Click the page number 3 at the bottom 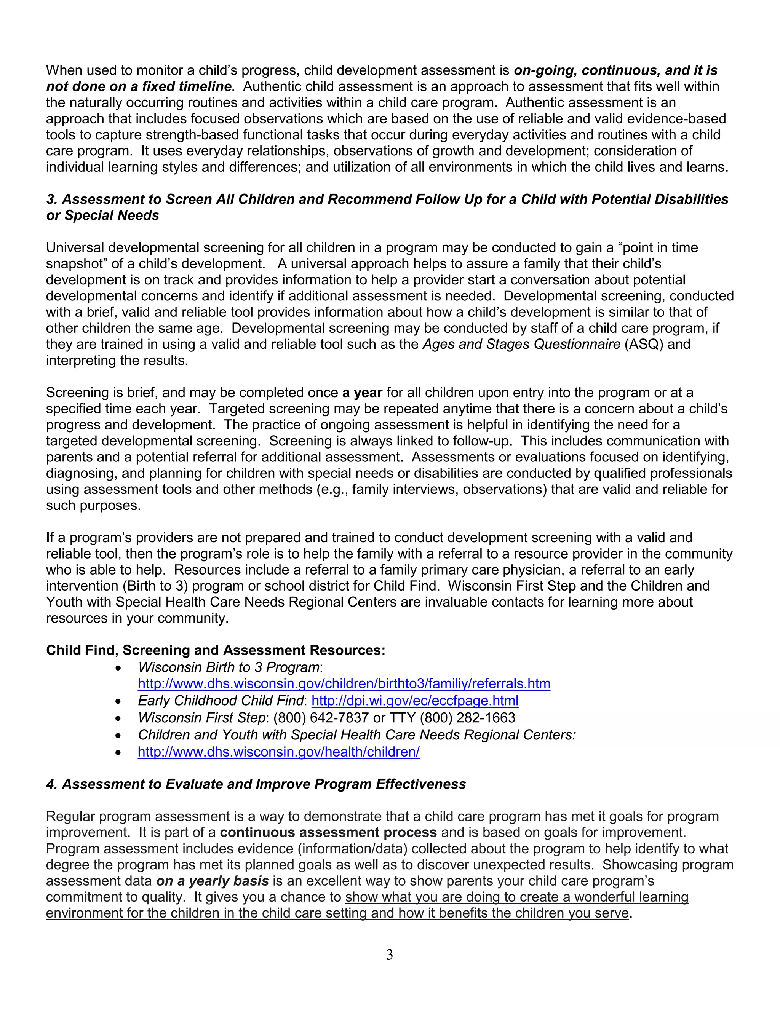pos(390,955)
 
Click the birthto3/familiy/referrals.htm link pos(344,683)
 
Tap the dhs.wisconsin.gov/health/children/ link pos(279,752)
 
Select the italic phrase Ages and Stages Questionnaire pos(521,344)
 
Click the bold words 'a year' pos(362,393)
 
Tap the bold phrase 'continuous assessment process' pos(328,832)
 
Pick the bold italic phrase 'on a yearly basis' pos(213,881)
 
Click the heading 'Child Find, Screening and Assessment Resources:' pos(215,650)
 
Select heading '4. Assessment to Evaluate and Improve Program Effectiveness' pos(256,784)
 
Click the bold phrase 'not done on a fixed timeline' pos(139,86)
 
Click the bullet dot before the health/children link pos(119,753)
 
